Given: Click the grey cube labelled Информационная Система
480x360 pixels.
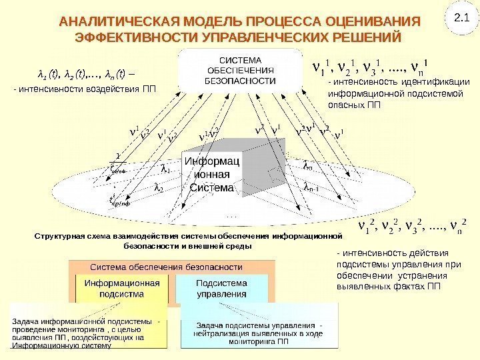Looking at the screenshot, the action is point(212,175).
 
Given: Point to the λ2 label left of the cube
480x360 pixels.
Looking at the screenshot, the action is point(159,189).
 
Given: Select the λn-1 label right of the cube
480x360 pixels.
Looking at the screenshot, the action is point(311,189).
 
